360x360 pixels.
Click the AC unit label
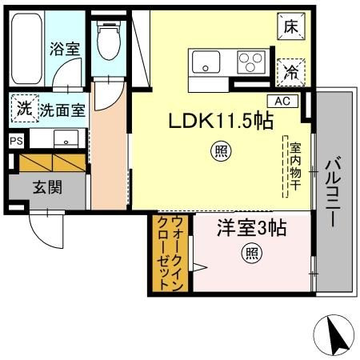pyautogui.click(x=282, y=101)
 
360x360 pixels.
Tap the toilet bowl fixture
pyautogui.click(x=109, y=40)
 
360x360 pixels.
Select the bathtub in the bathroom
pyautogui.click(x=26, y=49)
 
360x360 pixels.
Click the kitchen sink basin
pyautogui.click(x=206, y=62)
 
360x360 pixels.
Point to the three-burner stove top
pyautogui.click(x=251, y=62)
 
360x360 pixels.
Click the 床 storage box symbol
pyautogui.click(x=290, y=26)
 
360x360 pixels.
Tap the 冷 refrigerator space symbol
pyautogui.click(x=290, y=73)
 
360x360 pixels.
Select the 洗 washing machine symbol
pyautogui.click(x=25, y=109)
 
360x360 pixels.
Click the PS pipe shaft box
pyautogui.click(x=16, y=141)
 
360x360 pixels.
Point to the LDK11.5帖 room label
pyautogui.click(x=221, y=122)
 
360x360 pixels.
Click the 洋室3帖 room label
pyautogui.click(x=252, y=228)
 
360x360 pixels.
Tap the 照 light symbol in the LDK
pyautogui.click(x=221, y=152)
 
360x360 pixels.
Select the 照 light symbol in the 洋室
pyautogui.click(x=252, y=254)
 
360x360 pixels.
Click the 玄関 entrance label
pyautogui.click(x=47, y=187)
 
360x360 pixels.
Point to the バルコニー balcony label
pyautogui.click(x=334, y=192)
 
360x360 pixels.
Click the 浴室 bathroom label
pyautogui.click(x=65, y=49)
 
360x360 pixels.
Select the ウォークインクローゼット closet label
pyautogui.click(x=170, y=253)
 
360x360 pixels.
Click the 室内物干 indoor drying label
pyautogui.click(x=296, y=166)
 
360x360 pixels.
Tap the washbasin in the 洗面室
pyautogui.click(x=66, y=138)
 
